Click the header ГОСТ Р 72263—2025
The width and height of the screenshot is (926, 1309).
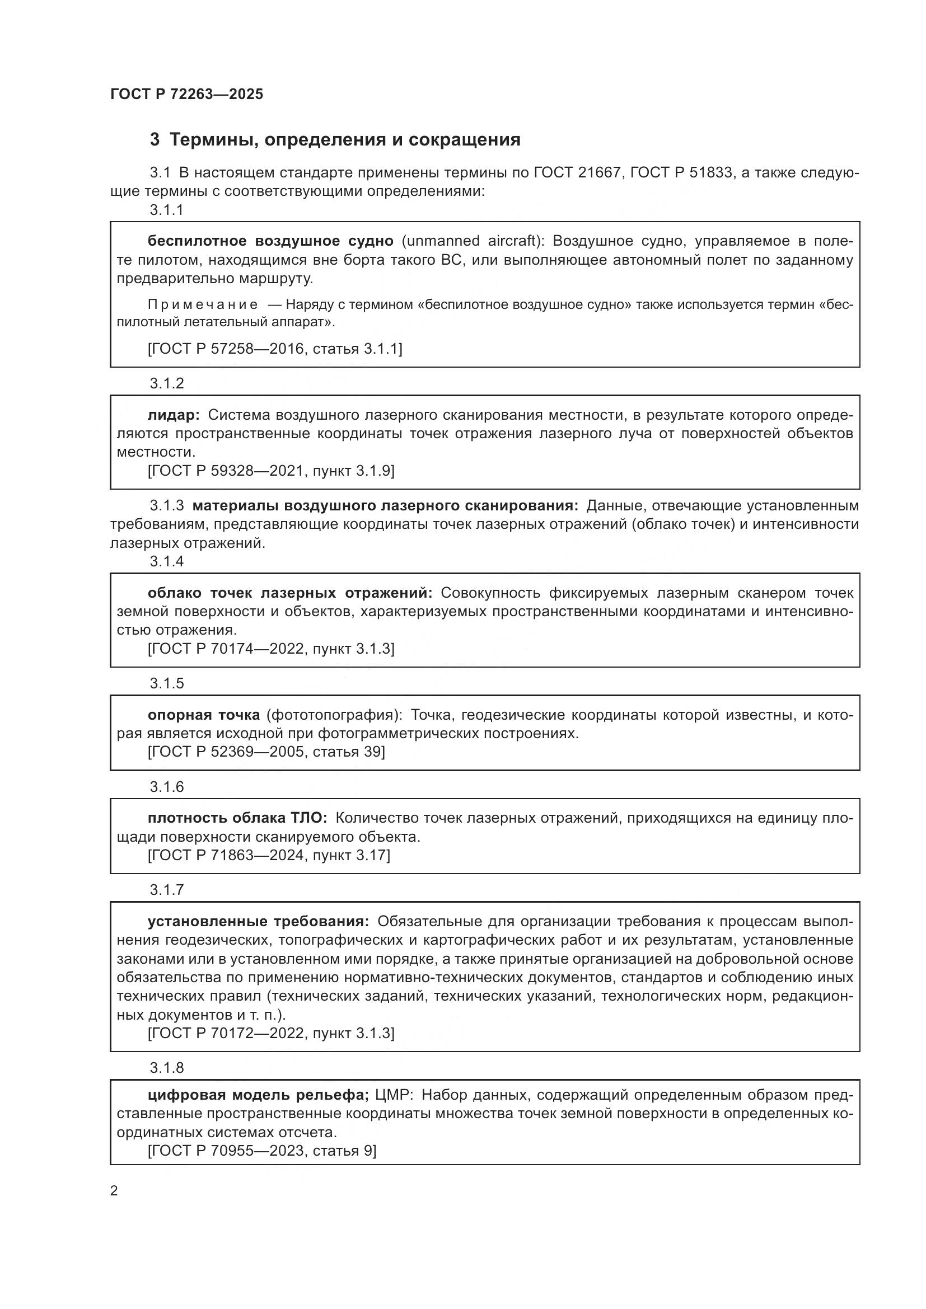[x=186, y=94]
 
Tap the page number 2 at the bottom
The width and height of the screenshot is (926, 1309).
[x=114, y=1191]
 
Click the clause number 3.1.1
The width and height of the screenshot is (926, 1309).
[x=166, y=210]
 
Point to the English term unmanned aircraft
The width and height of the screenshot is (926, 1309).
[x=473, y=241]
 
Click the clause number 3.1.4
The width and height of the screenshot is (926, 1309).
[x=166, y=561]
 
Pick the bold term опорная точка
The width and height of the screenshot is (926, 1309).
[x=204, y=715]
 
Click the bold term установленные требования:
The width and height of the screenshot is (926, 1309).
[x=258, y=921]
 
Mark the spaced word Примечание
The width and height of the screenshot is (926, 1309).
[x=203, y=304]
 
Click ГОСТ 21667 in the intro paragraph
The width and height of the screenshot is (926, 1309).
[x=576, y=172]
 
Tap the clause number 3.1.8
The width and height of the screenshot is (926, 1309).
[x=166, y=1068]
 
